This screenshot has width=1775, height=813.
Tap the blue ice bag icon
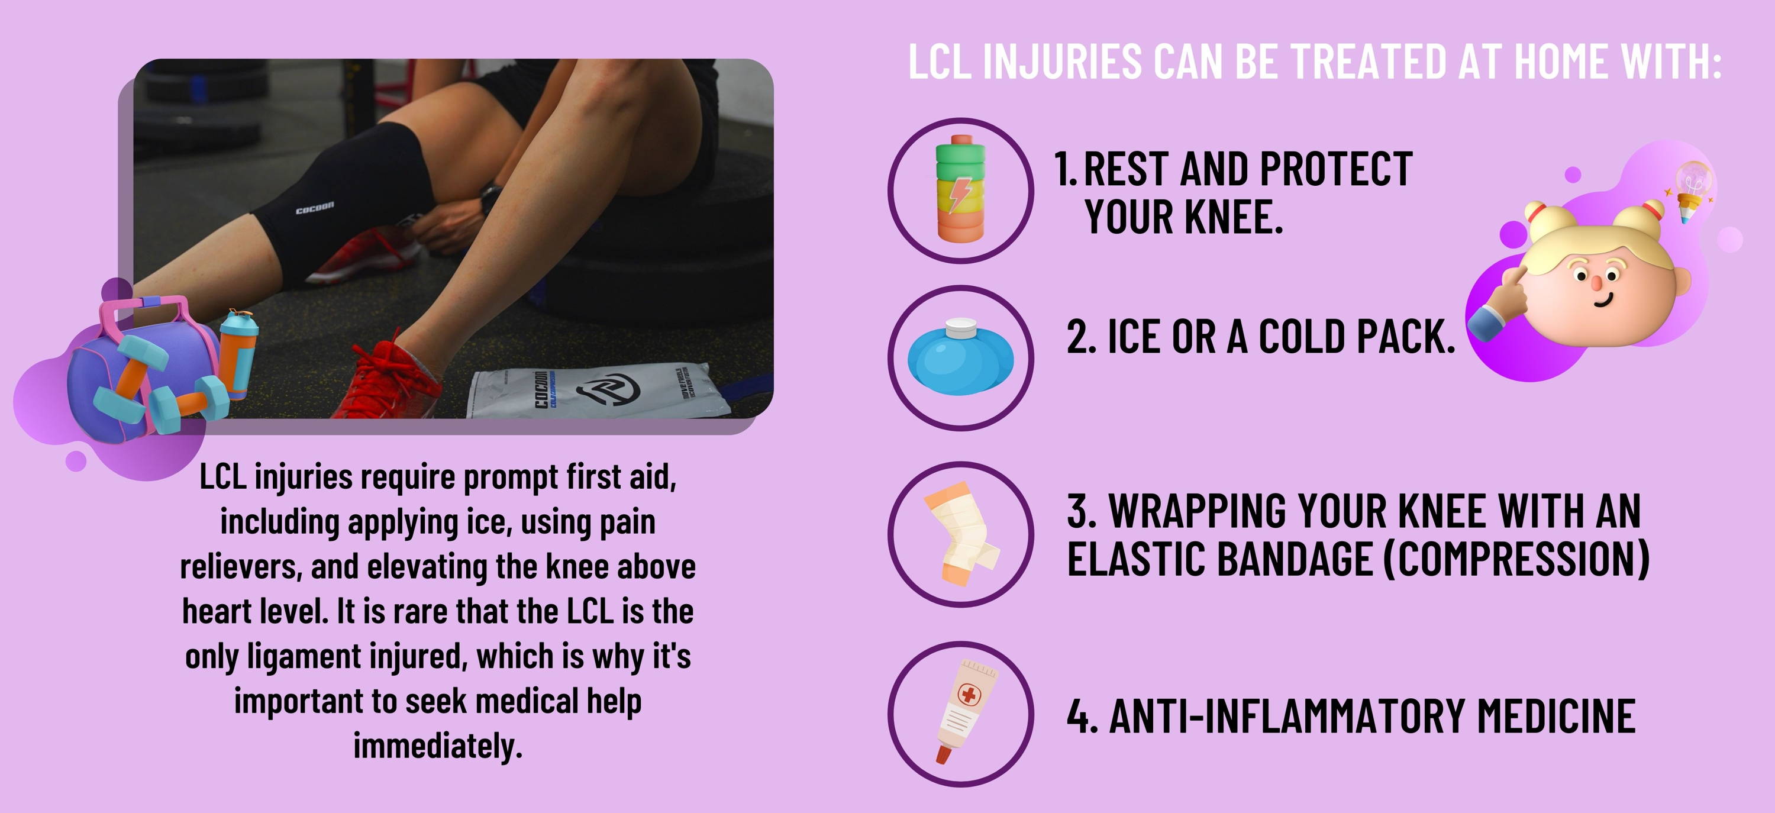[960, 357]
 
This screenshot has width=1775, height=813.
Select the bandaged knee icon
[960, 534]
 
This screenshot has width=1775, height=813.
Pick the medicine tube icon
[964, 712]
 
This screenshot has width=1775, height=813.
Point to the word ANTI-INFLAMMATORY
[1286, 716]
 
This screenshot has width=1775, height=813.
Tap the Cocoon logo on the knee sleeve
[315, 207]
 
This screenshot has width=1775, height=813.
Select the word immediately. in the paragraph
[438, 746]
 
